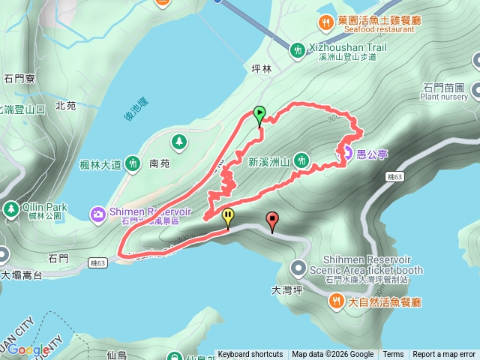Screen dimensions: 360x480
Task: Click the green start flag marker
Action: pos(259,115)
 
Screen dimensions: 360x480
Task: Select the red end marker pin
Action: pos(271,220)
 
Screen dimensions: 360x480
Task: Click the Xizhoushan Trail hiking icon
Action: pos(298,49)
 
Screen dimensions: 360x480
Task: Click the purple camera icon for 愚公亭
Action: pos(348,154)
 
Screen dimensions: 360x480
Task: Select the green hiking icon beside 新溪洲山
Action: pos(301,159)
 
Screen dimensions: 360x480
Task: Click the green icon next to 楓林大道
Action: pos(133,162)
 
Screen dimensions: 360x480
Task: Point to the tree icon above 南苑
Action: pos(178,141)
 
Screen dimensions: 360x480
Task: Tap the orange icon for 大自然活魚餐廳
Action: pos(336,301)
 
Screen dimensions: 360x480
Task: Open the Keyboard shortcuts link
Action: pos(250,355)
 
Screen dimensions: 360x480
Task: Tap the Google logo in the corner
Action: pos(28,350)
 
